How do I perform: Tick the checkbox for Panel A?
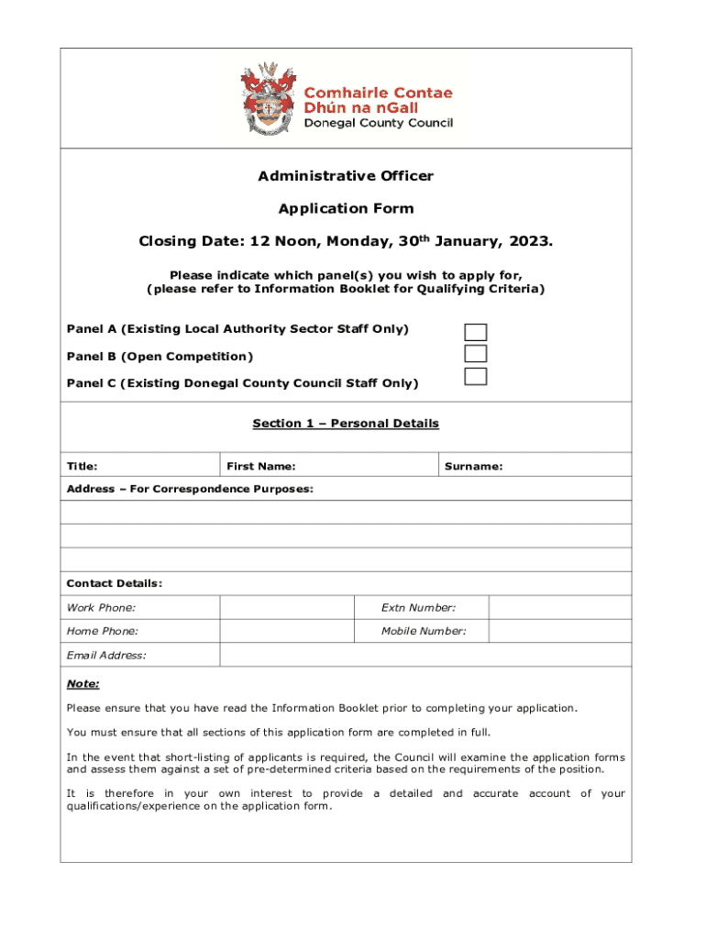click(475, 332)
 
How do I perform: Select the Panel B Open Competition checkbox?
click(475, 354)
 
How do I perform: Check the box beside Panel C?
click(475, 376)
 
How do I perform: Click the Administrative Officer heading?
click(346, 176)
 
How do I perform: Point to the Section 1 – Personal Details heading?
click(346, 424)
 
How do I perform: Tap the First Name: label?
click(261, 467)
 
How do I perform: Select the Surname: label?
click(473, 467)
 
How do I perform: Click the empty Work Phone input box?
click(286, 607)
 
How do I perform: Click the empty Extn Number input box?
click(559, 607)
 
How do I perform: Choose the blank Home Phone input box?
click(286, 631)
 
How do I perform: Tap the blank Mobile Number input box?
click(559, 631)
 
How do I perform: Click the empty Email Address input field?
click(425, 655)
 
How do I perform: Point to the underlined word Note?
click(83, 684)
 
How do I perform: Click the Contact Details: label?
click(115, 584)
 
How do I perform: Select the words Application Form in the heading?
click(346, 209)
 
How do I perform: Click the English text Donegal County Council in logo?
click(378, 124)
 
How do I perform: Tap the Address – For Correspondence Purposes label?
click(190, 490)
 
